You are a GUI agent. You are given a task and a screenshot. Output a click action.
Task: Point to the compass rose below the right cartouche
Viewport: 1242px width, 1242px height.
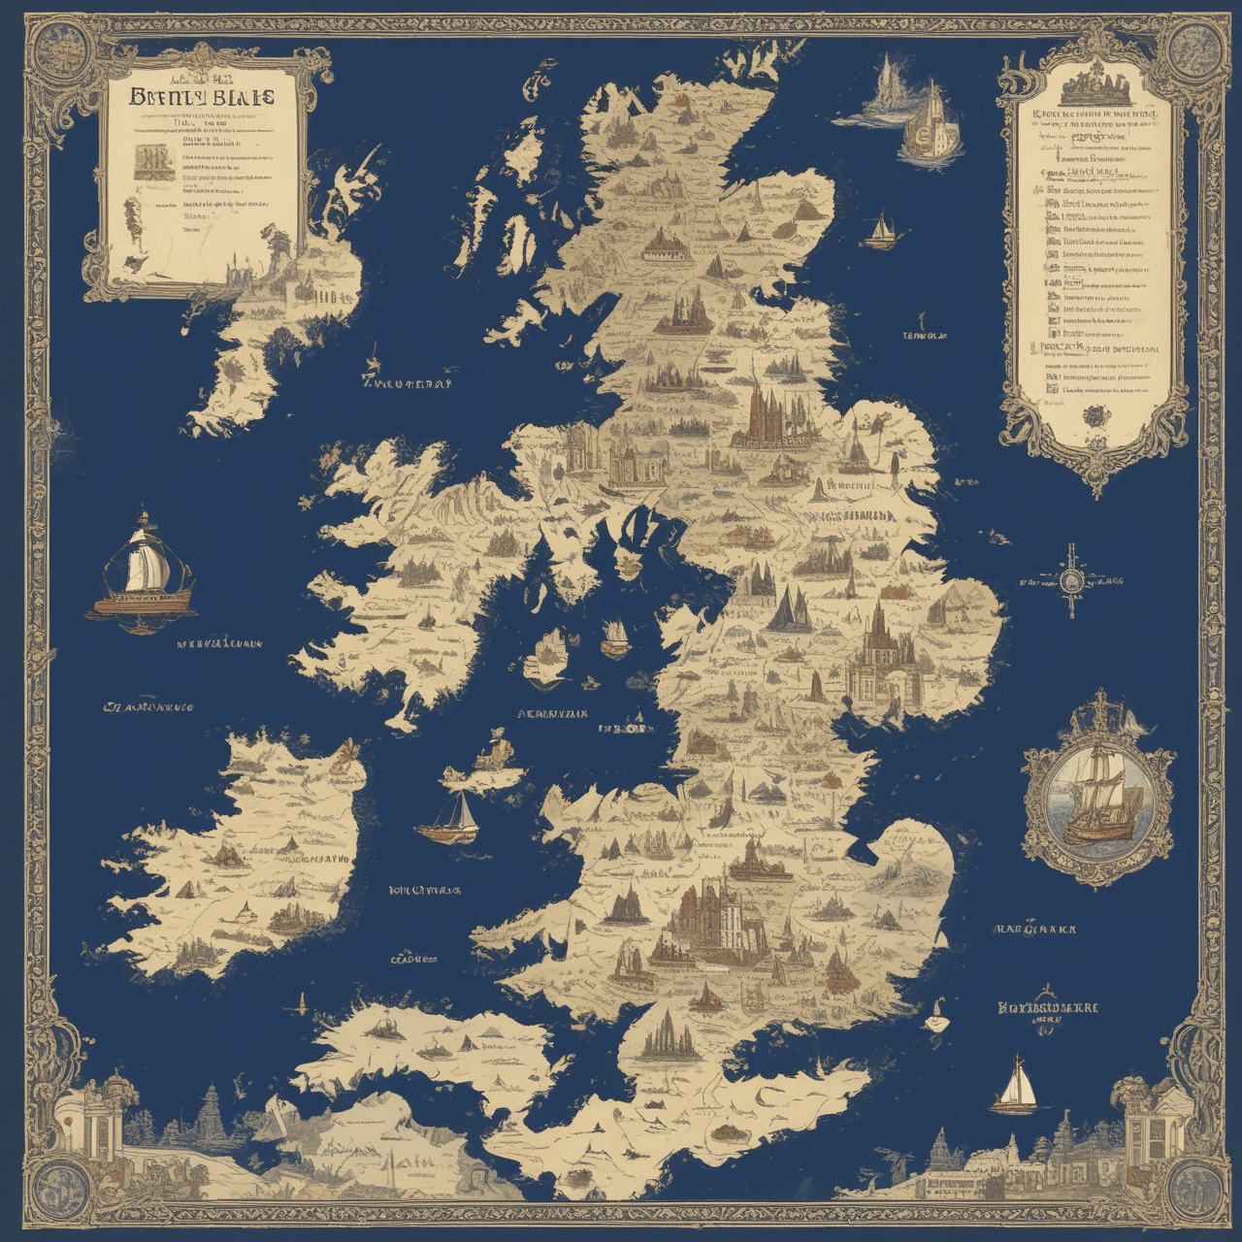[x=1071, y=580]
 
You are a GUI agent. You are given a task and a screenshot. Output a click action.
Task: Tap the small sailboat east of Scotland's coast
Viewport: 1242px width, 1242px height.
[x=881, y=230]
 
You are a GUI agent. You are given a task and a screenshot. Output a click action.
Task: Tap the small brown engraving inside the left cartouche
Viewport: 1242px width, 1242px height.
[x=149, y=160]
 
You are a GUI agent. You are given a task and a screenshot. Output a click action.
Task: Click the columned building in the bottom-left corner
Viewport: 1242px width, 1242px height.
[x=92, y=1126]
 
